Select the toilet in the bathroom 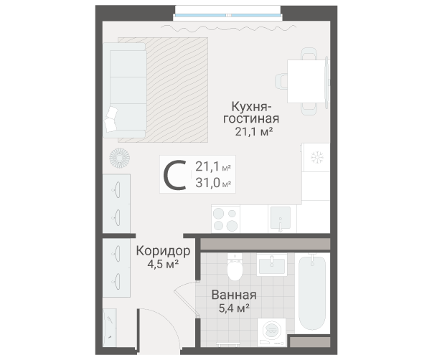click(234, 270)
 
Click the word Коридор click(163, 251)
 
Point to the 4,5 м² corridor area click(162, 264)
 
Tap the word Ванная click(233, 295)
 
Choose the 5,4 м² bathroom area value click(233, 308)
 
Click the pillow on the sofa click(111, 118)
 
